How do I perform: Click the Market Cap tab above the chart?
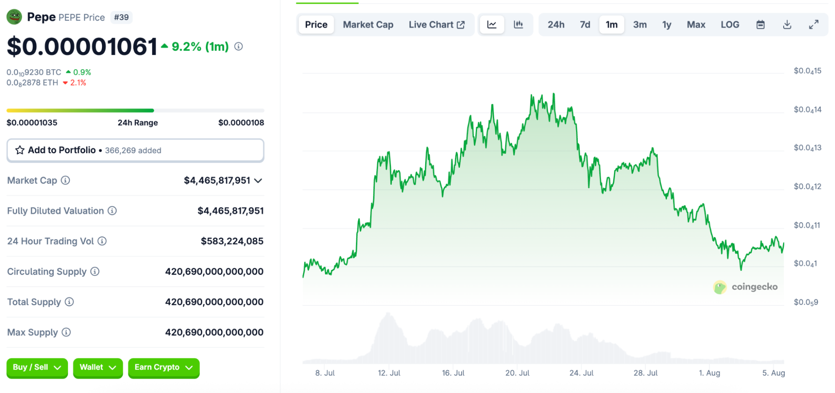pyautogui.click(x=368, y=25)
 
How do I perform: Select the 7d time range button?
pyautogui.click(x=585, y=25)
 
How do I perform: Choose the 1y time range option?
pyautogui.click(x=667, y=25)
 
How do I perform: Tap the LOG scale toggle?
pyautogui.click(x=730, y=25)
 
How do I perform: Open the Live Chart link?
pyautogui.click(x=437, y=25)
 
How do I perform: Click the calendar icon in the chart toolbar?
pyautogui.click(x=761, y=25)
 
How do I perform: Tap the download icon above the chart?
pyautogui.click(x=787, y=25)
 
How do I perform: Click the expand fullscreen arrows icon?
pyautogui.click(x=814, y=25)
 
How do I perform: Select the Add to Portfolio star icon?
pyautogui.click(x=20, y=150)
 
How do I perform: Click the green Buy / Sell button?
pyautogui.click(x=37, y=368)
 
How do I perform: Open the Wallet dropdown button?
pyautogui.click(x=98, y=368)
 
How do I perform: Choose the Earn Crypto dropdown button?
pyautogui.click(x=163, y=368)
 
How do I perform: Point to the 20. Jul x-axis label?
pyautogui.click(x=517, y=373)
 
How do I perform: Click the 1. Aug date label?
pyautogui.click(x=709, y=373)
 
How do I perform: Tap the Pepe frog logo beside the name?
pyautogui.click(x=15, y=17)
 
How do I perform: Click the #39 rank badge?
pyautogui.click(x=121, y=18)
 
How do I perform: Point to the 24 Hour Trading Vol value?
pyautogui.click(x=232, y=241)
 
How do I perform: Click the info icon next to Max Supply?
pyautogui.click(x=66, y=332)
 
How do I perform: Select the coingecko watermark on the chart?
pyautogui.click(x=746, y=287)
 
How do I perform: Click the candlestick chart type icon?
pyautogui.click(x=518, y=25)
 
